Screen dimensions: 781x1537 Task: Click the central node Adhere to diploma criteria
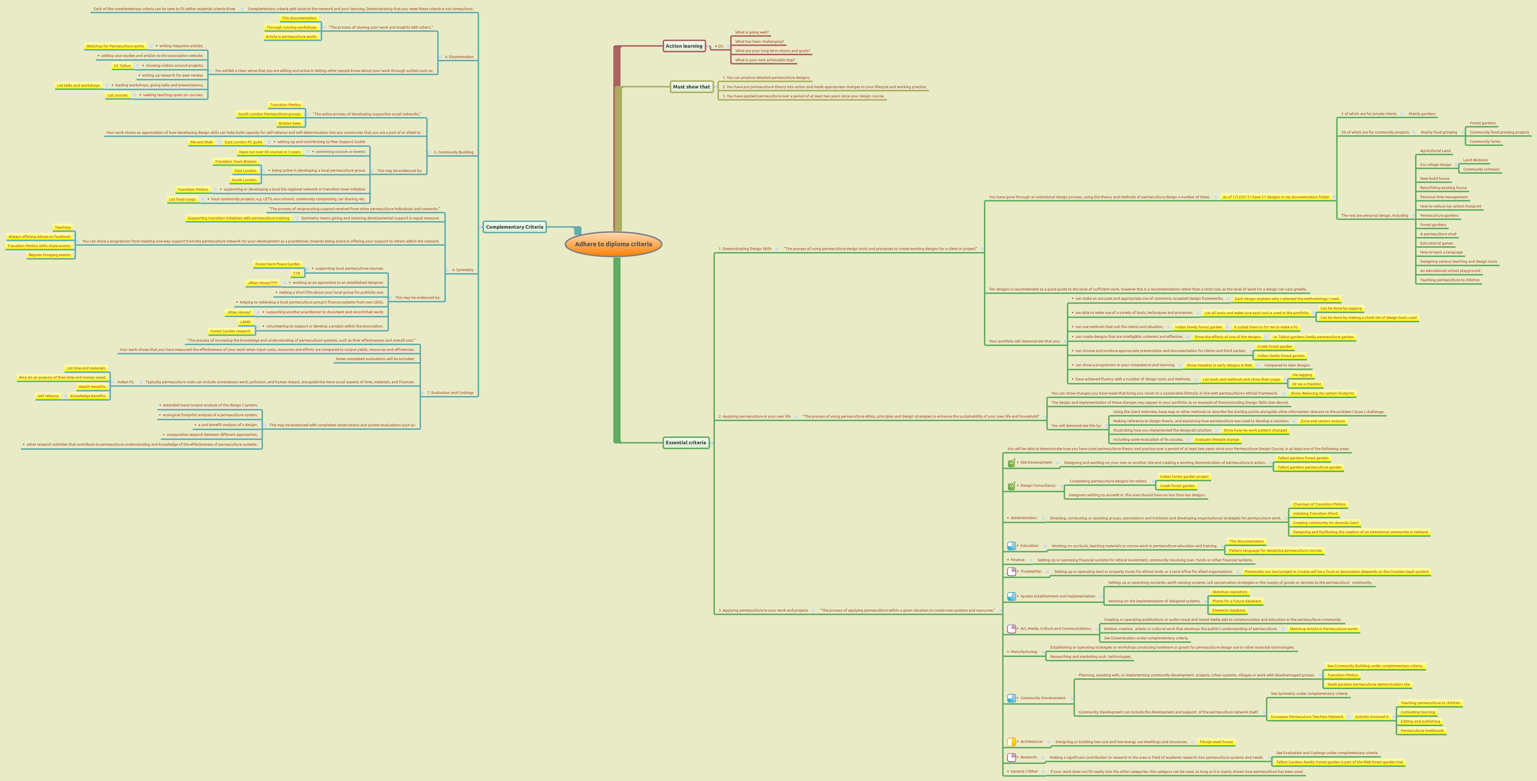[613, 244]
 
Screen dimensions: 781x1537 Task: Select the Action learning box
[684, 46]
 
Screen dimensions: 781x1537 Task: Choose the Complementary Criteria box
[514, 227]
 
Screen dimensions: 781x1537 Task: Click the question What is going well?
[752, 32]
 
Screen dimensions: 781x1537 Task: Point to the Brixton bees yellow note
[290, 123]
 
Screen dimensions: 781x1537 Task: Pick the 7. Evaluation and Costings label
[450, 393]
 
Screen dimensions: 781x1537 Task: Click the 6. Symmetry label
[462, 270]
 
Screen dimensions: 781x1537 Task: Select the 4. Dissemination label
[459, 57]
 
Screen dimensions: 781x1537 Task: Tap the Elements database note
[1228, 610]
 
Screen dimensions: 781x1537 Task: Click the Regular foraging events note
[49, 255]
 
